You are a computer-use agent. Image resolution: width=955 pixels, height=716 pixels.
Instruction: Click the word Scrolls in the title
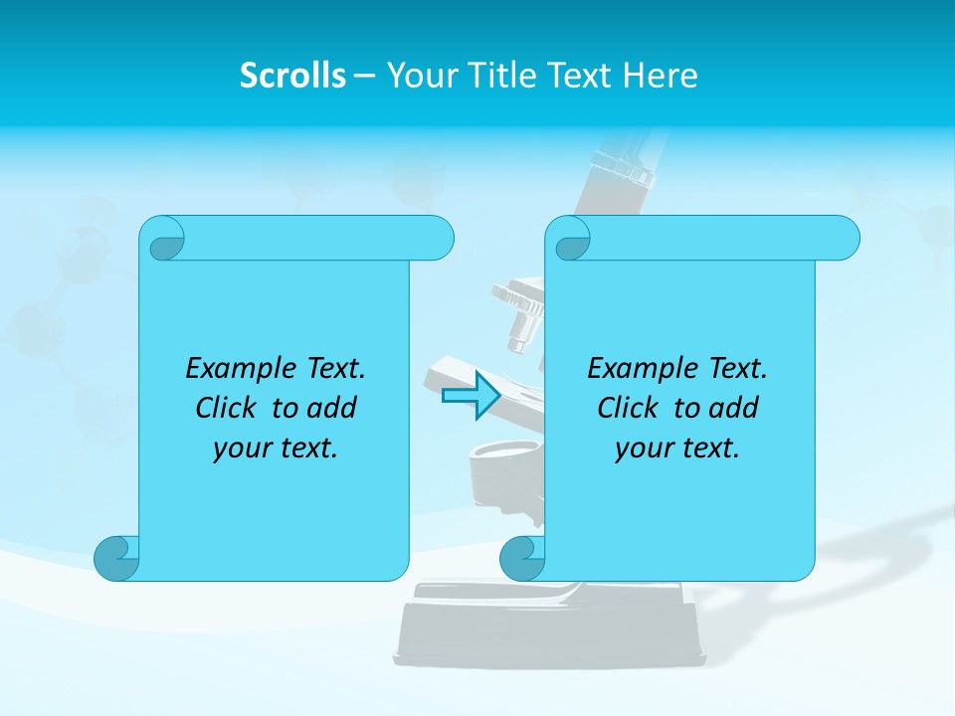292,76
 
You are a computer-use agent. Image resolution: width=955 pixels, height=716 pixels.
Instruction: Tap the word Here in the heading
660,76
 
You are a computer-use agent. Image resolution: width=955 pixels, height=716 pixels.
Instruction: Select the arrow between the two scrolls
470,396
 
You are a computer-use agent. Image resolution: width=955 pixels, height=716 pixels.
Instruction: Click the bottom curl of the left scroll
116,558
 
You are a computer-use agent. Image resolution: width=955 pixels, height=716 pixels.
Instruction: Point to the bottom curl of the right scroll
522,558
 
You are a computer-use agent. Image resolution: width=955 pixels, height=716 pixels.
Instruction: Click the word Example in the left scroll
236,368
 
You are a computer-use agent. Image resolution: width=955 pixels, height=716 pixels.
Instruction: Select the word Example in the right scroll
638,368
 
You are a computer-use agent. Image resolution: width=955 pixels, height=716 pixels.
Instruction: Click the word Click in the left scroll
228,408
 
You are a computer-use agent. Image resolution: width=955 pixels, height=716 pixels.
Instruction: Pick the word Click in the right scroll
629,408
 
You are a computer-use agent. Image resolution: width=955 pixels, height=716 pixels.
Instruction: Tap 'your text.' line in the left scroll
276,448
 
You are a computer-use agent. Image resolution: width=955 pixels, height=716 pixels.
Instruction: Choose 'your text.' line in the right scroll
677,448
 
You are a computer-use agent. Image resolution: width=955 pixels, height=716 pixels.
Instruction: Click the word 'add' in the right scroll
734,408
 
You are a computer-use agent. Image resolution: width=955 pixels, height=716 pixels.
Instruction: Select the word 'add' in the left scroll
332,408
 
